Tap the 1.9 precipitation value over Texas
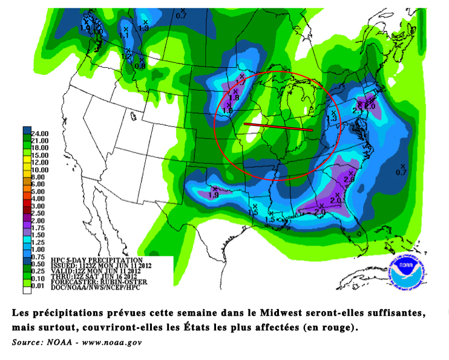(213, 195)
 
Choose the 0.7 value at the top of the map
(181, 15)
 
